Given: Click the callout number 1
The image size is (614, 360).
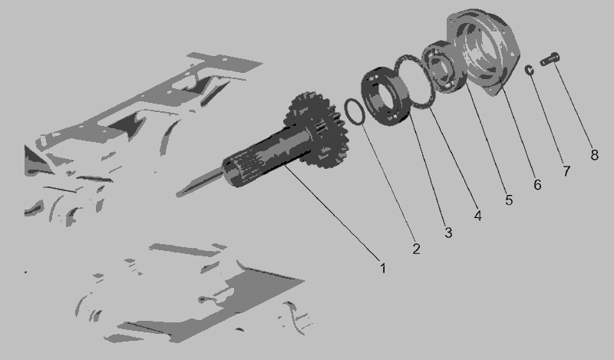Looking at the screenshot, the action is pos(383,269).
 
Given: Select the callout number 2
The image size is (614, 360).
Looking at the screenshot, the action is pos(416,249).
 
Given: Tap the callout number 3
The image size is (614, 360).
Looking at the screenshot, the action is pos(448,233).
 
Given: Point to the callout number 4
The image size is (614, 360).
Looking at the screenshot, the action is pos(477,216).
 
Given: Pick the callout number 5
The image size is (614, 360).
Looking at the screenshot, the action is pos(509,200).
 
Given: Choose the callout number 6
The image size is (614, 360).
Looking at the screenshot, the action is pos(538,184).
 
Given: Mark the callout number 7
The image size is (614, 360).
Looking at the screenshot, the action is pos(566,171).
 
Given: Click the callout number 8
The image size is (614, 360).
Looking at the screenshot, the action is pos(594,155).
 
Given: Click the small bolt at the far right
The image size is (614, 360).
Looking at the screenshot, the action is pos(550,59).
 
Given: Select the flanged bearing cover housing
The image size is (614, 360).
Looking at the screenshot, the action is pos(483,51).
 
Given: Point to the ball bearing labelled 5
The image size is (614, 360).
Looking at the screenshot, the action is pos(444,67).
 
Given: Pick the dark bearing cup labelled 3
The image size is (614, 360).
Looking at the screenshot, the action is pos(385,97).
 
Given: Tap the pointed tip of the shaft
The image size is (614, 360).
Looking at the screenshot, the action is pos(177,194).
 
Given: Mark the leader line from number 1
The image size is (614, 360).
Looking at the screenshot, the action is pos(332,213).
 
